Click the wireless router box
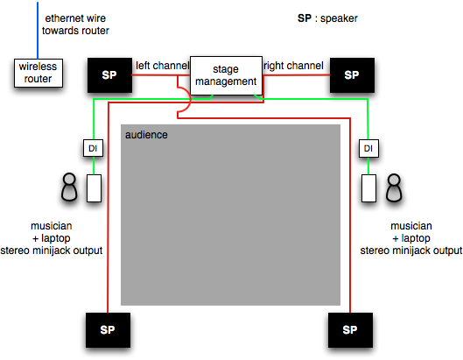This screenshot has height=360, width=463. click(x=39, y=73)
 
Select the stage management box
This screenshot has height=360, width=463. click(x=226, y=75)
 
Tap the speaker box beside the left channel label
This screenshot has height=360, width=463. click(x=109, y=75)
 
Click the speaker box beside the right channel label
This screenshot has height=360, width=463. click(x=352, y=75)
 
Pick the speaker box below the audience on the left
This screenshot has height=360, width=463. click(x=108, y=330)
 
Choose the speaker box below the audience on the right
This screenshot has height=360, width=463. click(x=350, y=330)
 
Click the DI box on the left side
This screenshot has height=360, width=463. click(x=93, y=148)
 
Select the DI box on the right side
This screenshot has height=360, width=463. click(x=368, y=148)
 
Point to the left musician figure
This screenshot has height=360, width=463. click(x=69, y=187)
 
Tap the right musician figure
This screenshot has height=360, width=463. click(x=394, y=187)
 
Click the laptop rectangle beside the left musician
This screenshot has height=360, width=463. click(x=94, y=188)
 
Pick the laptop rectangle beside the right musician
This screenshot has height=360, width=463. click(x=368, y=188)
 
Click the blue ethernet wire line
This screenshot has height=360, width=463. click(x=38, y=31)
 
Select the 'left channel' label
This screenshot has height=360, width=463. click(x=162, y=66)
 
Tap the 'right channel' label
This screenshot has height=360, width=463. click(x=293, y=66)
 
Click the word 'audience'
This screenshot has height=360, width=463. click(x=146, y=135)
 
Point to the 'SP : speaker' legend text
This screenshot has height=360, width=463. click(x=327, y=18)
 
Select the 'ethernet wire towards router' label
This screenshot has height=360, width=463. click(x=75, y=25)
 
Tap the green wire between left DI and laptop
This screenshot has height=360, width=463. click(x=94, y=166)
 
